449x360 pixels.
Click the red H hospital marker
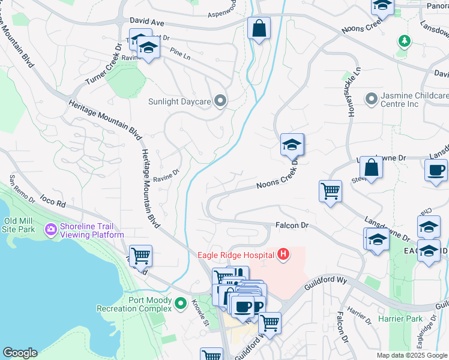283,255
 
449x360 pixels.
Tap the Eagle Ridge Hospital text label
235,255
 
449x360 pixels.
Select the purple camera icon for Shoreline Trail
50,229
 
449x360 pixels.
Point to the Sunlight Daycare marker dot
220,101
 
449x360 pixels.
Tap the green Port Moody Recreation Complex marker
181,305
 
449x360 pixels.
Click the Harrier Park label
400,319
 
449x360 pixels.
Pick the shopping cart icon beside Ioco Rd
140,256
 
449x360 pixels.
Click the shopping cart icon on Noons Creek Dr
330,191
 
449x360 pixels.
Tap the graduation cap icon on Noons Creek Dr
292,145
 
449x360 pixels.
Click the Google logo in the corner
20,353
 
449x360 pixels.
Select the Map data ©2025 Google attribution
412,355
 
